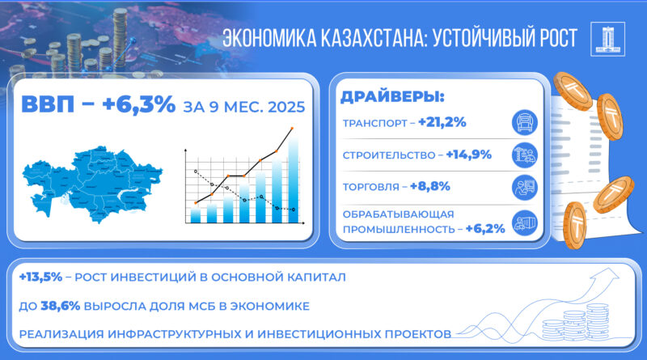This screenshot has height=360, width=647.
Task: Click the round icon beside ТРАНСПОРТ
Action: pyautogui.click(x=526, y=123)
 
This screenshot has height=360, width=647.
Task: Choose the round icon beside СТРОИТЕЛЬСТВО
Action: pyautogui.click(x=526, y=155)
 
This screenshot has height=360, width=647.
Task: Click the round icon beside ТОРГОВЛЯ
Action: pyautogui.click(x=526, y=187)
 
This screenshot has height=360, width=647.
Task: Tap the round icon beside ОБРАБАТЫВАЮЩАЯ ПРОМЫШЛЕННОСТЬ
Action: pyautogui.click(x=526, y=222)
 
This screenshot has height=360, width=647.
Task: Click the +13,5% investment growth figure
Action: pyautogui.click(x=39, y=277)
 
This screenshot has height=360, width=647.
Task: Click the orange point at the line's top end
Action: pyautogui.click(x=292, y=129)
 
